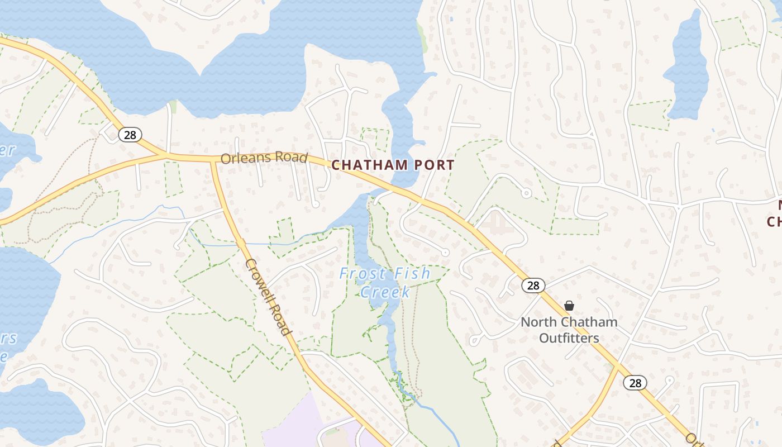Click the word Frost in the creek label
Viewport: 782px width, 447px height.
coord(363,274)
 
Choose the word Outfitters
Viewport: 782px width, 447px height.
coord(569,338)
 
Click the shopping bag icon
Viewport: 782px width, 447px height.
coord(569,306)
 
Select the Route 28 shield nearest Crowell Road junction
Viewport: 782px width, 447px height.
coord(130,135)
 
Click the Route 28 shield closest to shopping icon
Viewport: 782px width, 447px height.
coord(533,286)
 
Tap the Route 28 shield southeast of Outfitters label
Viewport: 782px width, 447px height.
coord(635,383)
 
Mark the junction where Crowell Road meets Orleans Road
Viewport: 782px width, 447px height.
coord(213,159)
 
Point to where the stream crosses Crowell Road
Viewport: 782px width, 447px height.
coord(241,244)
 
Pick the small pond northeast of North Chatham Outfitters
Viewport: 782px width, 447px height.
coord(686,67)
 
